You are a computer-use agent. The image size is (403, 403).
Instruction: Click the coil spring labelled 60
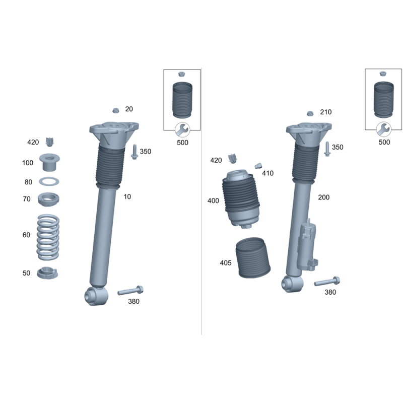point(48,237)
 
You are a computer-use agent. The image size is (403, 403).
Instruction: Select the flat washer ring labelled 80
point(49,182)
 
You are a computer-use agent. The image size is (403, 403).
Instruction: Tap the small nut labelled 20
point(116,110)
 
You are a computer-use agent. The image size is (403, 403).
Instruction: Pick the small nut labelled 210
point(310,113)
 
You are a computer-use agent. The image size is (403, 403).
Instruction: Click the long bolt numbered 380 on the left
point(130,291)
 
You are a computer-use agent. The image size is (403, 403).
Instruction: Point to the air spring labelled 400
point(241,198)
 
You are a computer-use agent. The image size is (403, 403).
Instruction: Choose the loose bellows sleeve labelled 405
point(253,258)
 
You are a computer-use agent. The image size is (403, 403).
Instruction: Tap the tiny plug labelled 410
point(258,166)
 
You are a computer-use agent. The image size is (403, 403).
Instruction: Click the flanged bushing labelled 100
point(49,162)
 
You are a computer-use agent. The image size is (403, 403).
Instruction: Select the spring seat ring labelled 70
point(48,199)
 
